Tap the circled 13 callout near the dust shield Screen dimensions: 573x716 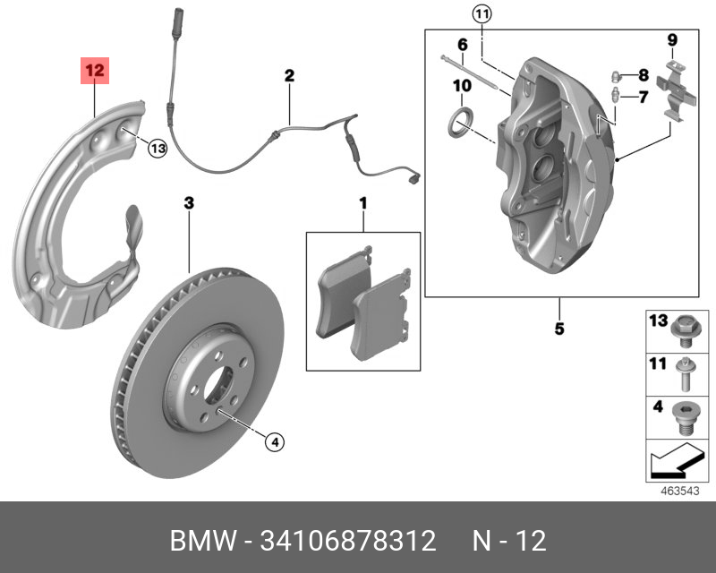pos(157,149)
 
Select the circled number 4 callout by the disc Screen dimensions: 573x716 pos(275,440)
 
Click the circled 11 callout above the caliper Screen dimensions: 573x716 pos(482,14)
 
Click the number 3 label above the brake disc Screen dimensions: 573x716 pos(189,203)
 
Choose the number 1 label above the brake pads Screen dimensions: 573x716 pos(363,204)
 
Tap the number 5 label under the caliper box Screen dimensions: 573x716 pos(558,329)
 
